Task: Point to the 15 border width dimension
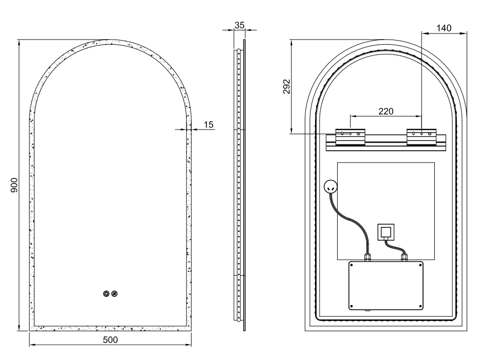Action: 208,124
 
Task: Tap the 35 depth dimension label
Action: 239,24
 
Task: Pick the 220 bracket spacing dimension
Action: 385,111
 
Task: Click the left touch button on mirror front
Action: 106,294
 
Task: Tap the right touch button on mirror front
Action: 115,294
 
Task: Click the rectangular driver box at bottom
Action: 387,285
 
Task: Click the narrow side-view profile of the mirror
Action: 239,185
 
